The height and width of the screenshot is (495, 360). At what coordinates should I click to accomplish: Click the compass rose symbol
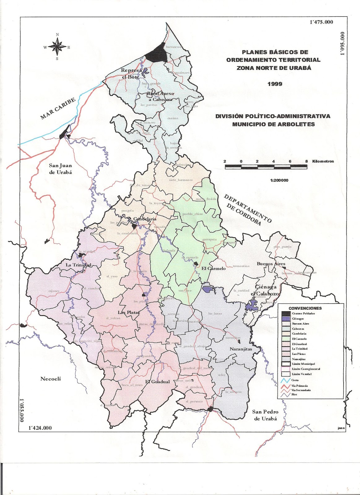[57, 47]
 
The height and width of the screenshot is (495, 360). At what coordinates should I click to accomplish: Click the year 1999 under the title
[275, 84]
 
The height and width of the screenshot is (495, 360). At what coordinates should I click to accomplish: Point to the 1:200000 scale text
[279, 180]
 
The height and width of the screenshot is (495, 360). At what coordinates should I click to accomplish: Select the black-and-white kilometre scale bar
[266, 167]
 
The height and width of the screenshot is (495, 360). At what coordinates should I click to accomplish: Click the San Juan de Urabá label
[60, 169]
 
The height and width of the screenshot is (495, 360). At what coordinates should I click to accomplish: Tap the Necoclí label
[51, 379]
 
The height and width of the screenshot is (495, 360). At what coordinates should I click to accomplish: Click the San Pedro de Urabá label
[265, 415]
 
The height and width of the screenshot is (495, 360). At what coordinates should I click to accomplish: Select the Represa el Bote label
[131, 74]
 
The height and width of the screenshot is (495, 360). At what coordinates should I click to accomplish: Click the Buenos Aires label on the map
[269, 264]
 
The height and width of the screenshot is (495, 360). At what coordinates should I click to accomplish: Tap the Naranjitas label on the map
[241, 349]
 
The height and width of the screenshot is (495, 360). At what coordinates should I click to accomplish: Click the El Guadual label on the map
[158, 382]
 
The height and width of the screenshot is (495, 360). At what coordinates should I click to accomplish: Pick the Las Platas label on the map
[129, 312]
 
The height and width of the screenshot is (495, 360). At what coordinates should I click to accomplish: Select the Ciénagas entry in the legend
[298, 319]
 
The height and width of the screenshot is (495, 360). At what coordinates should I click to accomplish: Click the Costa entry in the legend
[295, 380]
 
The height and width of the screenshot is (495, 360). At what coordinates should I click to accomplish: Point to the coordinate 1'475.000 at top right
[321, 22]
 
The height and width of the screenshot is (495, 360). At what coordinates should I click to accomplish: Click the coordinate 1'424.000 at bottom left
[40, 428]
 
